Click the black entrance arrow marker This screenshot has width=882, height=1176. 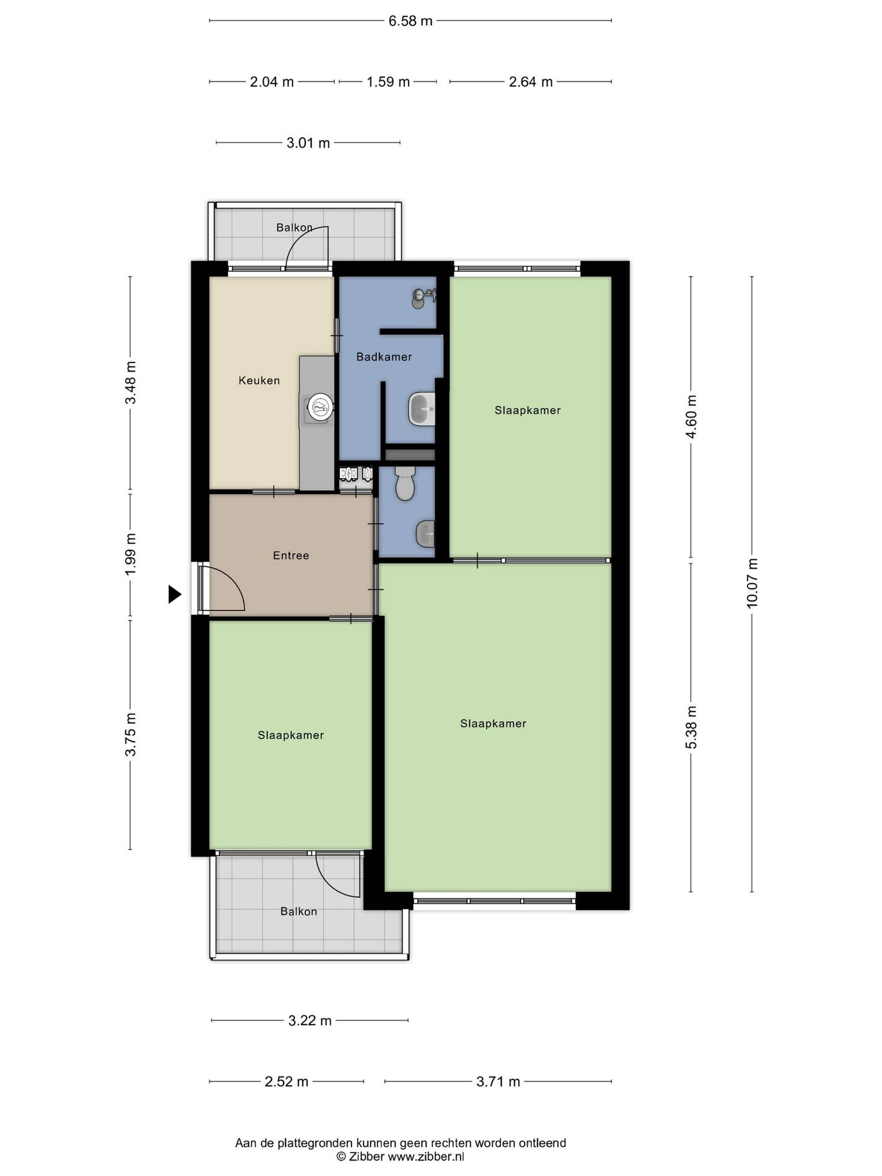174,594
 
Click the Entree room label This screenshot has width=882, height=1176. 291,556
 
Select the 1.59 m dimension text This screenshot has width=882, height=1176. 388,82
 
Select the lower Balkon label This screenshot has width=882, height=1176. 299,911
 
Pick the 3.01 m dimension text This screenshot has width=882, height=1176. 308,143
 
